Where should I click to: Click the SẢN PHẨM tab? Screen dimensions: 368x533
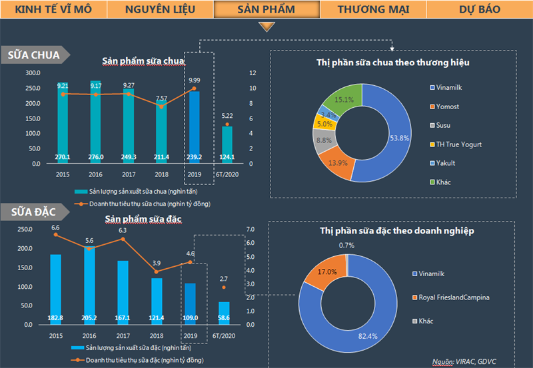[266, 9]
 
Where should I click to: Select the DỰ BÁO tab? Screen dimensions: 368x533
[479, 9]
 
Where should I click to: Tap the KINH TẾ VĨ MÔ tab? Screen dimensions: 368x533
[53, 9]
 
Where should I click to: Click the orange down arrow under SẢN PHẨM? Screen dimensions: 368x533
[266, 27]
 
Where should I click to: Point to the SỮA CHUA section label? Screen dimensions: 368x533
[33, 55]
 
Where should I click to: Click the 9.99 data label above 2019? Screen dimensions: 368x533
[194, 80]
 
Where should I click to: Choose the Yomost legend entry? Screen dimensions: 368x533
[448, 106]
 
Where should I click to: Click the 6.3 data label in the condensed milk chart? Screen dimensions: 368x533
[123, 231]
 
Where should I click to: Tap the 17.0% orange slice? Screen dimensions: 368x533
[326, 273]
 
